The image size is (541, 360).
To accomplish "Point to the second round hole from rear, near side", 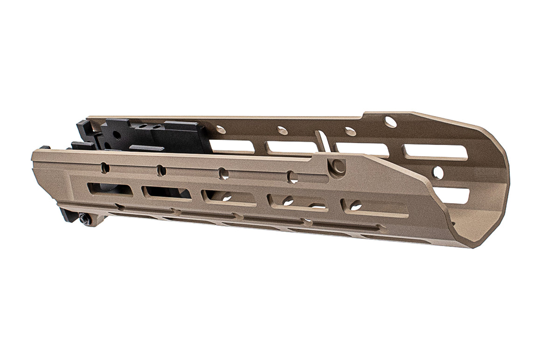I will tap(161, 171).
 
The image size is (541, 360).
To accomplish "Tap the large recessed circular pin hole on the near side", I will tap(338, 166).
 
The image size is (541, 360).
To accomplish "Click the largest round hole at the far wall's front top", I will tap(390, 122).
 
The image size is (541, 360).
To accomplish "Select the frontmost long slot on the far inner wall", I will tap(435, 152).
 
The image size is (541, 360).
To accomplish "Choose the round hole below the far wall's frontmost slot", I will tap(438, 173).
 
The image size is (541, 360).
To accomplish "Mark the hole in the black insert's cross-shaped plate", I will tap(116, 135).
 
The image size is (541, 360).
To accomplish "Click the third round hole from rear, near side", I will tap(223, 174).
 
